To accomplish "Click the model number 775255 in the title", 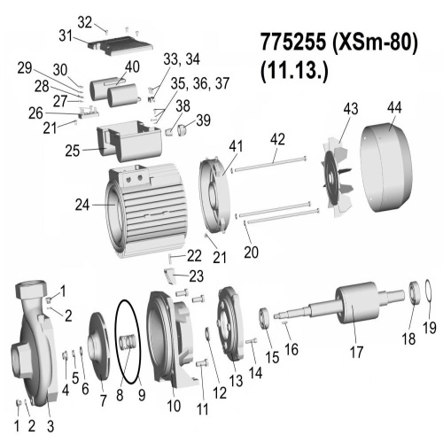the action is pyautogui.click(x=293, y=42).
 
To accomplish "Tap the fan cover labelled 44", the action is pyautogui.click(x=386, y=167).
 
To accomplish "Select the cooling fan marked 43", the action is pyautogui.click(x=338, y=180).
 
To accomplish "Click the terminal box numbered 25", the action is pyautogui.click(x=129, y=141).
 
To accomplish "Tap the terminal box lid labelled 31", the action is pyautogui.click(x=120, y=46).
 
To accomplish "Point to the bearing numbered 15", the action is pyautogui.click(x=264, y=318).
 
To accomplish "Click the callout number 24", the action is pyautogui.click(x=82, y=205).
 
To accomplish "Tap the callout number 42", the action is pyautogui.click(x=277, y=139).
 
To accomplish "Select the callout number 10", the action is pyautogui.click(x=174, y=406).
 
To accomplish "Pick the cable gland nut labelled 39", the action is pyautogui.click(x=182, y=129).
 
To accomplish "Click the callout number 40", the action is pyautogui.click(x=132, y=66).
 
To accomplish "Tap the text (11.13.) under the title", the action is pyautogui.click(x=294, y=72).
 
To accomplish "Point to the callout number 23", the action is pyautogui.click(x=196, y=276).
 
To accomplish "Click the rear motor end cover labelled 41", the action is pyautogui.click(x=214, y=195).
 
